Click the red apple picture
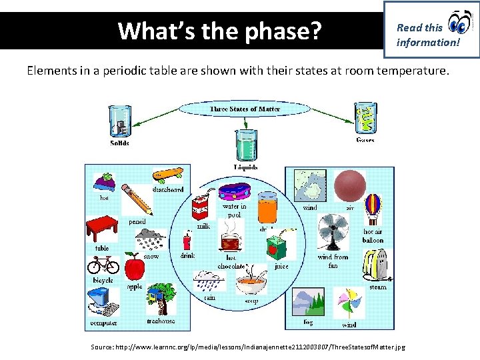[135, 268]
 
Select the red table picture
[102, 229]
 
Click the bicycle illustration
[103, 265]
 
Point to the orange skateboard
[167, 175]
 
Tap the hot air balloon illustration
[372, 209]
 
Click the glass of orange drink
[267, 207]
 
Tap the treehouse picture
[161, 299]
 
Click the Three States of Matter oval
[245, 109]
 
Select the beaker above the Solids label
[119, 120]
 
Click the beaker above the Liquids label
[247, 145]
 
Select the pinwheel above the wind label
[349, 303]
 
